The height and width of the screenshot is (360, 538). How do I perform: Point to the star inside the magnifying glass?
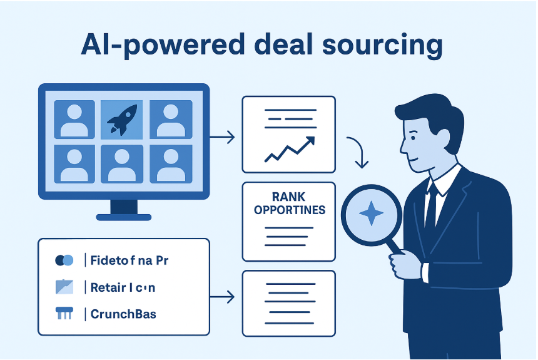[x=371, y=214]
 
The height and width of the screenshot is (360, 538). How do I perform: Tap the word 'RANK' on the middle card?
[x=288, y=197]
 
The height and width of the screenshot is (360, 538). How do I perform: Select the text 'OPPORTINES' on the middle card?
[x=289, y=210]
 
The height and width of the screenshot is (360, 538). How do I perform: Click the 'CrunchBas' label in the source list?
[x=123, y=313]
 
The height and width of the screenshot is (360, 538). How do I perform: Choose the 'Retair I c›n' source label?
[x=123, y=287]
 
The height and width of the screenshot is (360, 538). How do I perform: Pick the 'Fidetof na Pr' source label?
[x=129, y=260]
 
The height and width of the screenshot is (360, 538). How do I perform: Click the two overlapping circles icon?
[x=64, y=260]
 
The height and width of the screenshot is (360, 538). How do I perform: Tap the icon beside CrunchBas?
[x=64, y=313]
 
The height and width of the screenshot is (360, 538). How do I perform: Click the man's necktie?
[x=431, y=207]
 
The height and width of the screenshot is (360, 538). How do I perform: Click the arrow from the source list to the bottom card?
[x=223, y=296]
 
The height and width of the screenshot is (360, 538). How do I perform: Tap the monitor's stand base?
[x=123, y=217]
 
